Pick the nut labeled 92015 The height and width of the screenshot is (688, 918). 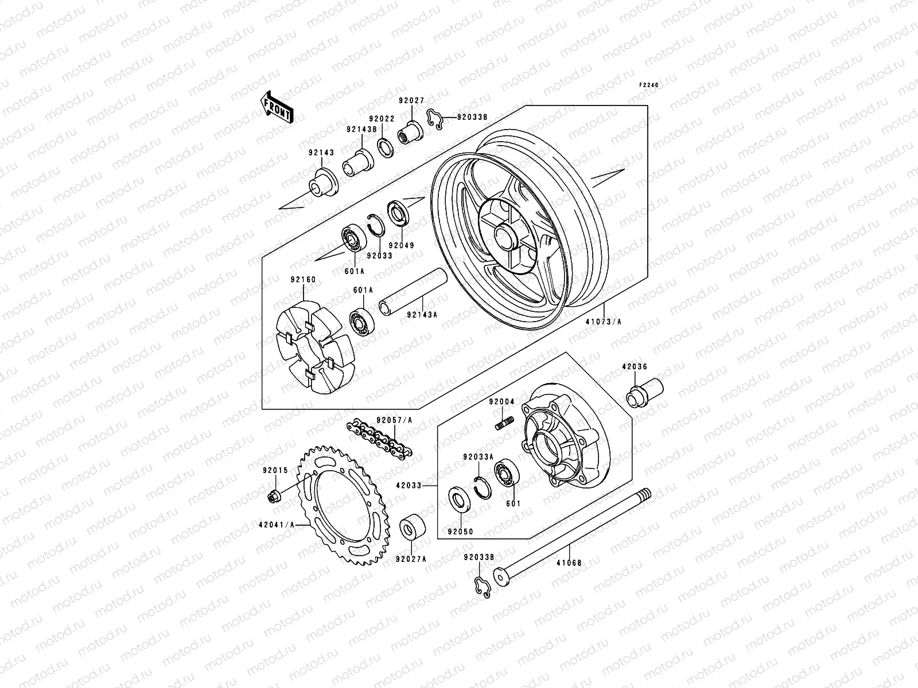pyautogui.click(x=274, y=496)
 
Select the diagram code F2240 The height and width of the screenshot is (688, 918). pyautogui.click(x=650, y=85)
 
